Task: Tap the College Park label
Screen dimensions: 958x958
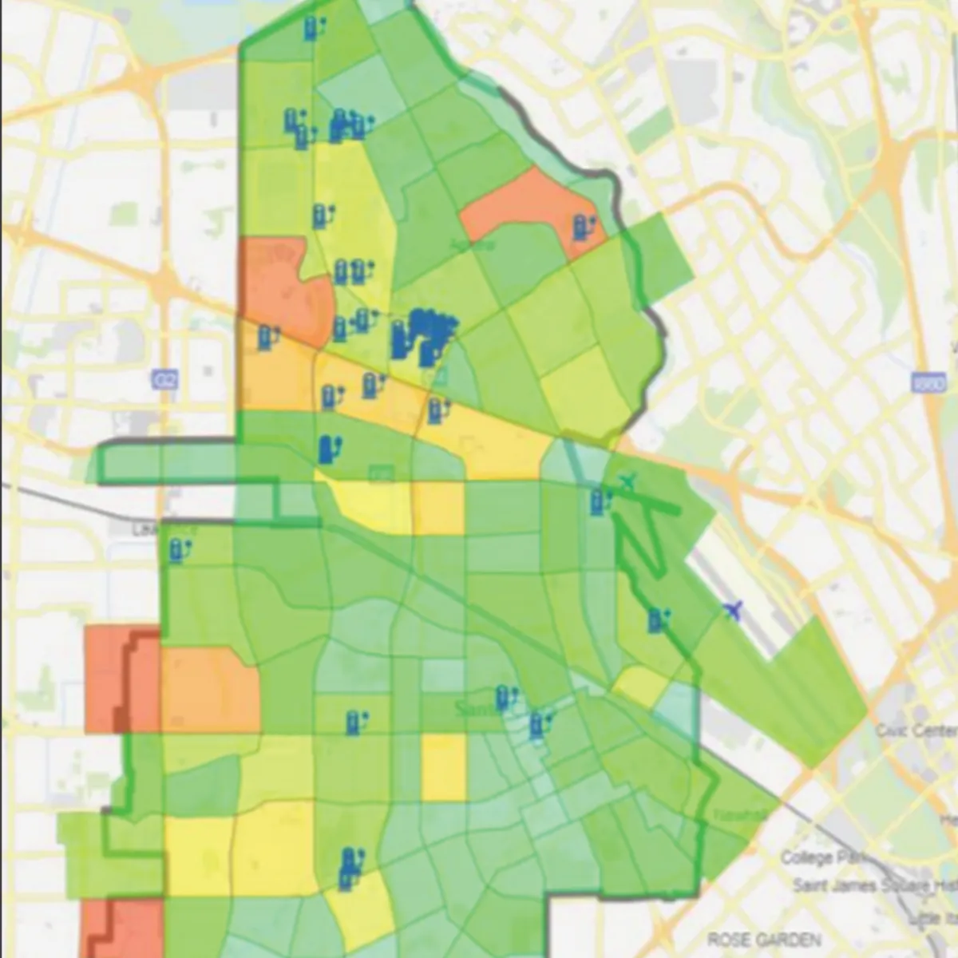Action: tap(817, 857)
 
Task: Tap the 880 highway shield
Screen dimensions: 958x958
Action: tap(924, 382)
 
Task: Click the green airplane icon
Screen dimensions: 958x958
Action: tap(629, 481)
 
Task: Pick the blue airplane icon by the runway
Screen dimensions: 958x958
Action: tap(732, 611)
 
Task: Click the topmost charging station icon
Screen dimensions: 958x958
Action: tap(311, 29)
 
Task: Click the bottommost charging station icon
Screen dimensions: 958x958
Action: tap(346, 879)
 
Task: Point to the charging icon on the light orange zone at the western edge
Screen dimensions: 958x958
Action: tap(267, 337)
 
